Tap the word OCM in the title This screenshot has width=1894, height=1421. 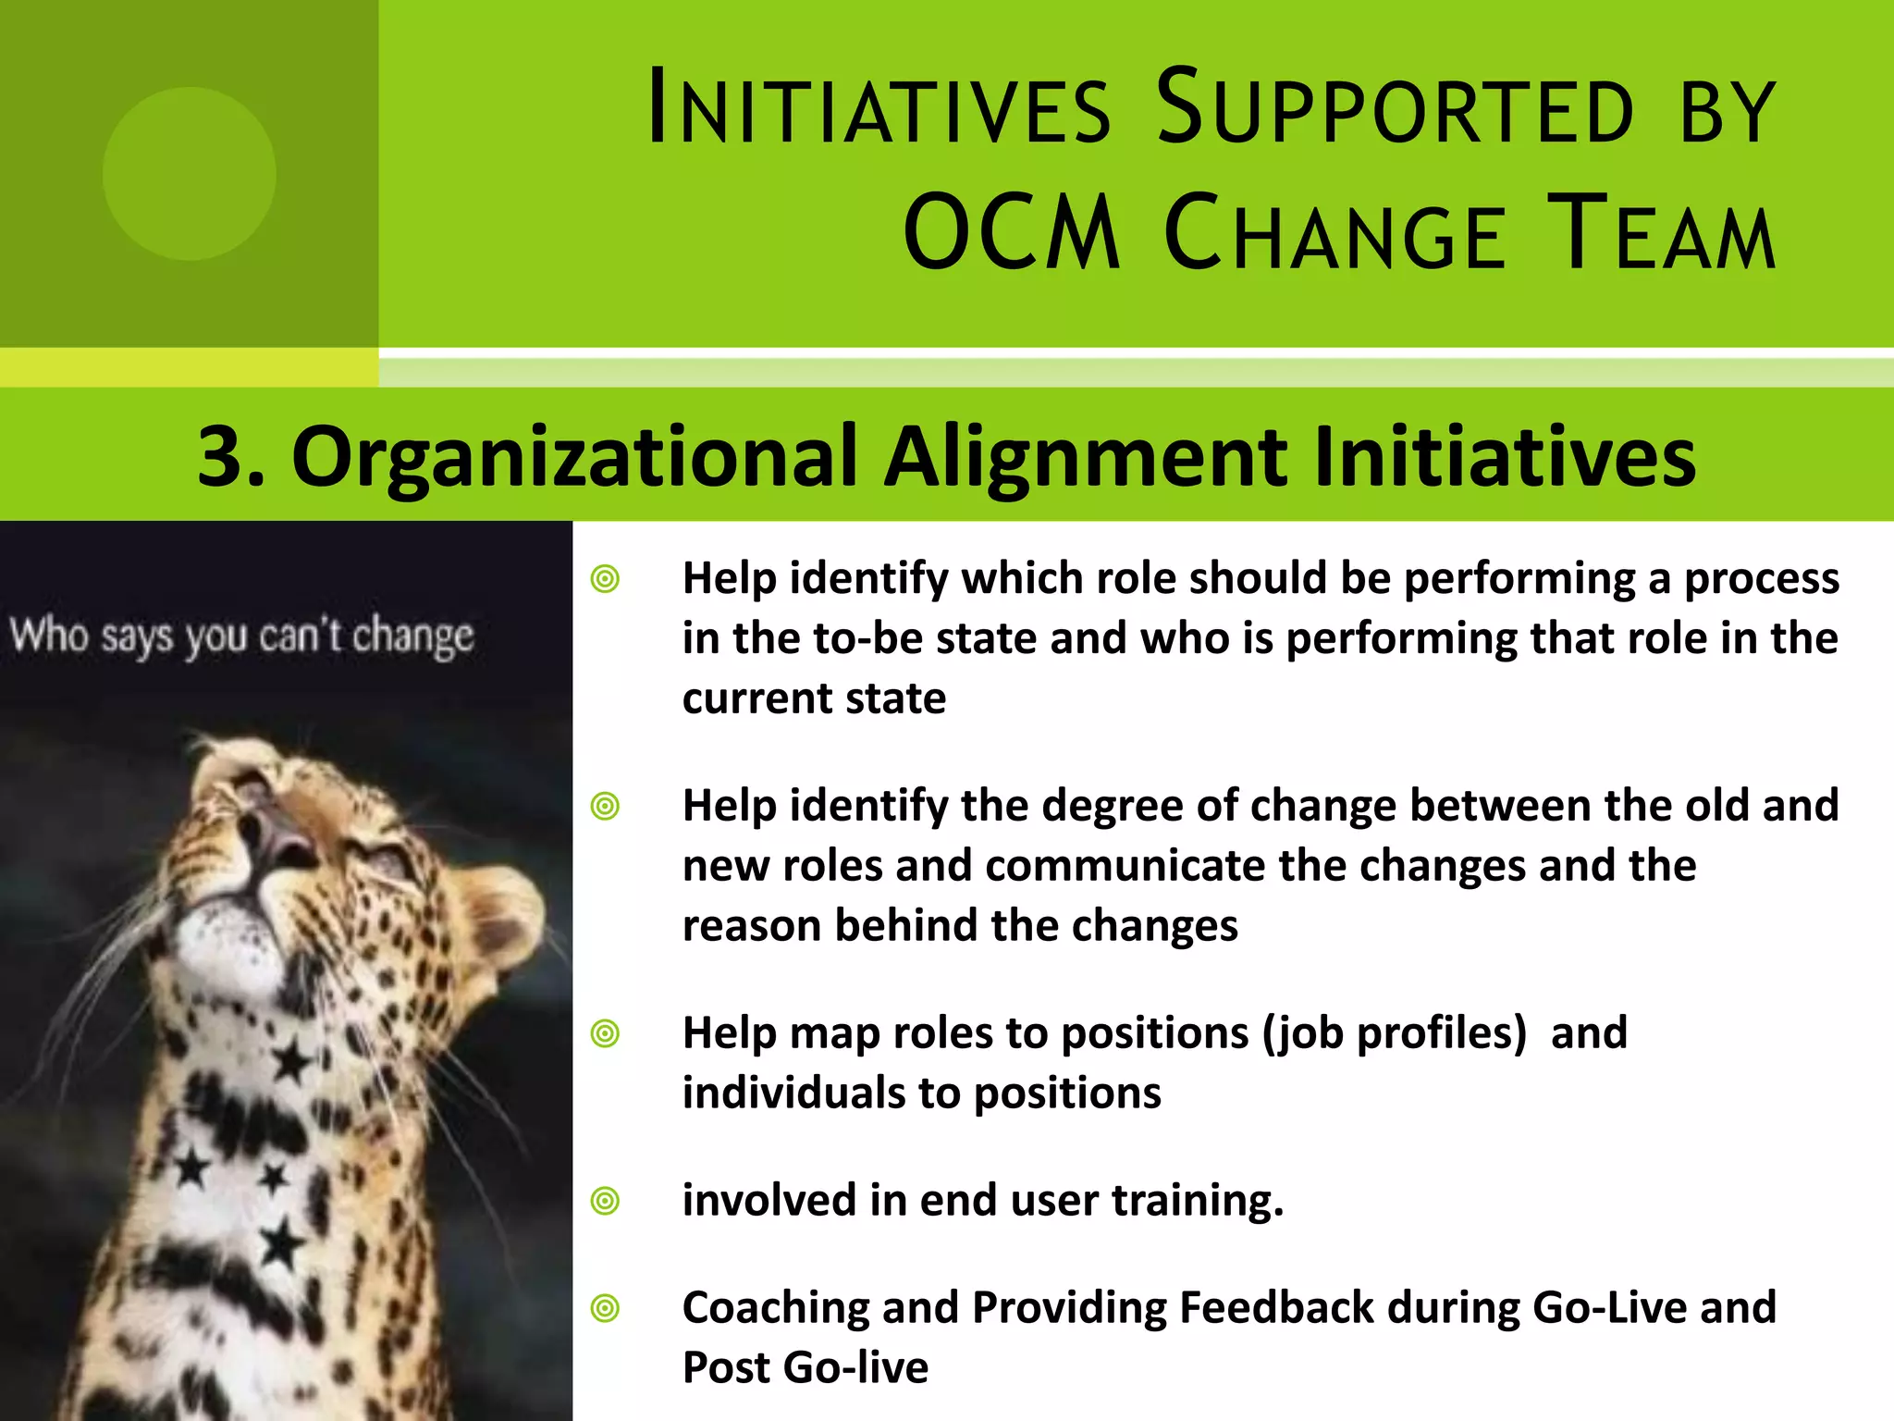pos(1012,233)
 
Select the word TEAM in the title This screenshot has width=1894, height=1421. pos(1662,233)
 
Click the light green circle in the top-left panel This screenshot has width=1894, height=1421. pos(189,174)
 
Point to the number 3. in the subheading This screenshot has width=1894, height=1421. pos(231,456)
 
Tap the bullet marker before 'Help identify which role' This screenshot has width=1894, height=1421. pos(605,580)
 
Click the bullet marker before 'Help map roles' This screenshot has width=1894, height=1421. pos(605,1032)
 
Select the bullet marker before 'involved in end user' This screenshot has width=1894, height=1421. pos(605,1201)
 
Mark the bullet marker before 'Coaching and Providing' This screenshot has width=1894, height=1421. pos(605,1308)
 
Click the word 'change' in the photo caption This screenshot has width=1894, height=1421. pos(413,636)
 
